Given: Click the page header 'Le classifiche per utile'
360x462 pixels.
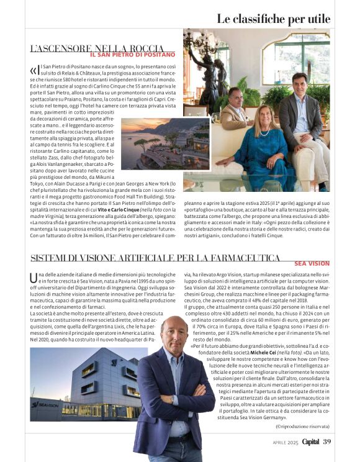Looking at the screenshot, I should [272, 18].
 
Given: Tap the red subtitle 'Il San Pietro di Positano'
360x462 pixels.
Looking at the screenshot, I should [127, 55].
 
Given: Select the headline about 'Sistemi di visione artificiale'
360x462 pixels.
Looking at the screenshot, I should [155, 258].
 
